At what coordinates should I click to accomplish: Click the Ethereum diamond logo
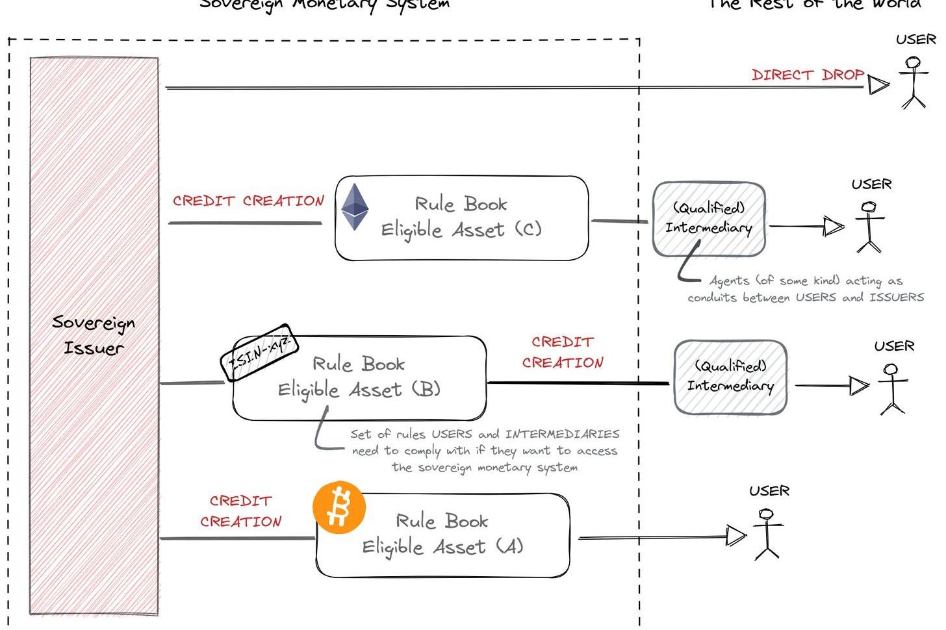click(x=355, y=207)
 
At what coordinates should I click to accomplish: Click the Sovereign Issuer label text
click(x=94, y=335)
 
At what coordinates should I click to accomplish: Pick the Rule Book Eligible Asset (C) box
click(x=461, y=218)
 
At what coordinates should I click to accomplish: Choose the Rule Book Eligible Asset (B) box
click(x=359, y=378)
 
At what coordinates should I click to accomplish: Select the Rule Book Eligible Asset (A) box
click(x=442, y=535)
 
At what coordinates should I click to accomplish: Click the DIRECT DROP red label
click(x=808, y=75)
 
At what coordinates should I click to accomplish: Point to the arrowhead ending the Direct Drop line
click(x=878, y=85)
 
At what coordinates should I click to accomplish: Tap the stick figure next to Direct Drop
click(x=914, y=82)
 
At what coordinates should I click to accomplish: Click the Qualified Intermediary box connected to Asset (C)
click(x=709, y=218)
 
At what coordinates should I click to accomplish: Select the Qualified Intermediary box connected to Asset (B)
click(x=730, y=377)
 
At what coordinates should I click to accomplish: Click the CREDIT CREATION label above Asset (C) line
click(x=248, y=201)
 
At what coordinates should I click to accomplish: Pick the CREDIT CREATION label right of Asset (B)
click(x=563, y=352)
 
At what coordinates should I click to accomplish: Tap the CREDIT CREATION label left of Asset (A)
click(x=240, y=511)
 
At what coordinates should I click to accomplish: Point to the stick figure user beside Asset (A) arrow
click(x=767, y=534)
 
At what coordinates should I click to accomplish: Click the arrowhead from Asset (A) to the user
click(x=735, y=536)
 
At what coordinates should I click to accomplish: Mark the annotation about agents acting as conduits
click(x=806, y=289)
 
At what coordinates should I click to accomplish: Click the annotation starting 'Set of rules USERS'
click(x=485, y=451)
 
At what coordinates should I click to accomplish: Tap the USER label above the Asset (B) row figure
click(x=894, y=346)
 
